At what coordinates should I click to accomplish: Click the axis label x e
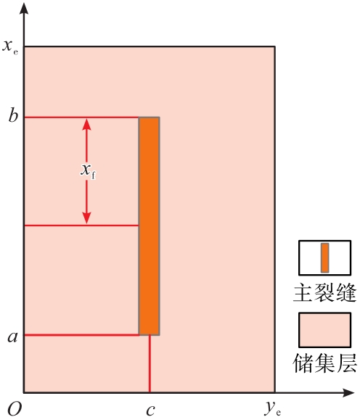pyautogui.click(x=10, y=46)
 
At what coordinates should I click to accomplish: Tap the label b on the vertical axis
pyautogui.click(x=13, y=115)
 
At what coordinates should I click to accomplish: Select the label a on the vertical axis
pyautogui.click(x=13, y=337)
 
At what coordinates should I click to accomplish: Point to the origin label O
pyautogui.click(x=15, y=408)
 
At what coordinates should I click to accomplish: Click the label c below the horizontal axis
pyautogui.click(x=150, y=410)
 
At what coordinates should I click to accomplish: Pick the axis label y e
pyautogui.click(x=273, y=408)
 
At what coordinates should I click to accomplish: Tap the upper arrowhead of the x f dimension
pyautogui.click(x=86, y=125)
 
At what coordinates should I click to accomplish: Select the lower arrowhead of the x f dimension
pyautogui.click(x=86, y=218)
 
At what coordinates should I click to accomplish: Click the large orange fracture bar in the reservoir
pyautogui.click(x=149, y=226)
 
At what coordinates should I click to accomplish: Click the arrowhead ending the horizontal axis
pyautogui.click(x=348, y=392)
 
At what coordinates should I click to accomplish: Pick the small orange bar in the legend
pyautogui.click(x=324, y=257)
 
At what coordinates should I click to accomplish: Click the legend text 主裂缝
pyautogui.click(x=324, y=292)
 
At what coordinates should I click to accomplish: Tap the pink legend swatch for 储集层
pyautogui.click(x=324, y=330)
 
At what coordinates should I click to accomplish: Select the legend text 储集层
pyautogui.click(x=324, y=363)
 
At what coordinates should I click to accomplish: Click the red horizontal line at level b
pyautogui.click(x=81, y=117)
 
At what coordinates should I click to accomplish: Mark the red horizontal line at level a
pyautogui.click(x=82, y=335)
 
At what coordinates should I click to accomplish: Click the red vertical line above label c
pyautogui.click(x=150, y=363)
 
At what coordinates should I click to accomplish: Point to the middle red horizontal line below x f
pyautogui.click(x=81, y=226)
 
